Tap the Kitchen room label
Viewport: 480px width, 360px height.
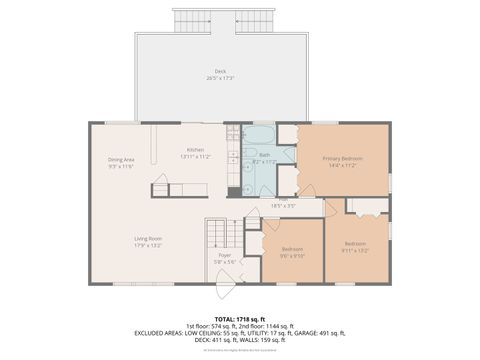pos(195,150)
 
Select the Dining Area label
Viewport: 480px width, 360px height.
pos(122,159)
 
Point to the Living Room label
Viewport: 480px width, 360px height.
pos(149,238)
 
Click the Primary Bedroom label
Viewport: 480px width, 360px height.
pos(342,158)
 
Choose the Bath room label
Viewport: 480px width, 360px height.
pos(264,155)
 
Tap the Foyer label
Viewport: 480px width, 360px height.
pos(225,255)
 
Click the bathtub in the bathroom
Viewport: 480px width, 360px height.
pos(259,136)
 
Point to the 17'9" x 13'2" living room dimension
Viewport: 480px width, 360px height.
pos(149,245)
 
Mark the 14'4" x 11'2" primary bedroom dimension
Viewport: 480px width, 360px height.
pos(342,165)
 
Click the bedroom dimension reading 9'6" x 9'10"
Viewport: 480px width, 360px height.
pos(292,254)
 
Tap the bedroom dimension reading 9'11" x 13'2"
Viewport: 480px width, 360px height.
pos(356,250)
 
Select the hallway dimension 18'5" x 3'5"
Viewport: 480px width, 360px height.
pos(283,206)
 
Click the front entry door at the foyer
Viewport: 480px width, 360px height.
pos(226,284)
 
